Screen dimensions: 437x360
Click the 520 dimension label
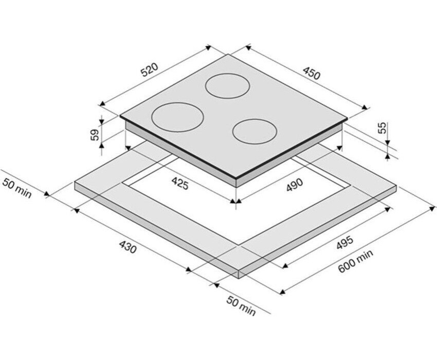coord(150,70)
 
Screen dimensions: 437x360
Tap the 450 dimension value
coord(312,74)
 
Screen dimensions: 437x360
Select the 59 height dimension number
coord(95,135)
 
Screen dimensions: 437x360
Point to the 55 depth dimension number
coord(383,128)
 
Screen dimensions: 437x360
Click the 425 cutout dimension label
coord(180,184)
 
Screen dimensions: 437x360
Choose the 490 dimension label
coord(294,185)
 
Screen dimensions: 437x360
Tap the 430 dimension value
coord(128,247)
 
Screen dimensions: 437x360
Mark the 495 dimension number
coord(345,243)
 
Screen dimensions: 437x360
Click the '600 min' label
coord(355,261)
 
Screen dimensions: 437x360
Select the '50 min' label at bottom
coord(241,306)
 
